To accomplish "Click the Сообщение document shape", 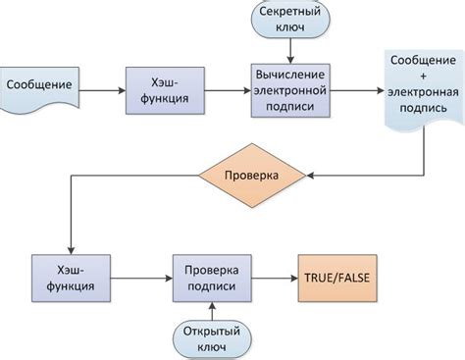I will pyautogui.click(x=38, y=85).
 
